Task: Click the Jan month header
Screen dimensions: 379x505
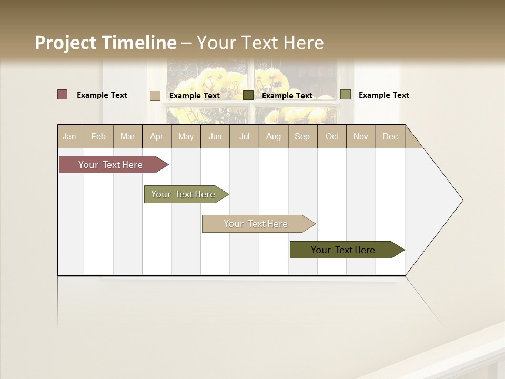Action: click(x=69, y=137)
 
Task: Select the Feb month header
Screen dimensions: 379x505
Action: click(x=98, y=137)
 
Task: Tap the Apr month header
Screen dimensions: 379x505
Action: click(x=156, y=137)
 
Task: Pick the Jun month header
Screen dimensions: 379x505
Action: click(x=215, y=137)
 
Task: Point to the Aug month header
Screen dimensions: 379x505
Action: click(x=273, y=137)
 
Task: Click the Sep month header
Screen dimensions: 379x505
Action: click(x=302, y=137)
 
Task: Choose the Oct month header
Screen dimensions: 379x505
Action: click(x=332, y=137)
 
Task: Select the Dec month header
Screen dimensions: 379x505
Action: click(x=390, y=137)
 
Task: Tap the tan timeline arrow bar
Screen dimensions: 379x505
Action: click(x=256, y=224)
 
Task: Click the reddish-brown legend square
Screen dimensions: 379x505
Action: click(x=62, y=95)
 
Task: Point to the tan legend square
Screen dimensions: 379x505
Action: click(x=155, y=95)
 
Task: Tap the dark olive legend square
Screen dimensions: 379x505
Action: click(x=248, y=95)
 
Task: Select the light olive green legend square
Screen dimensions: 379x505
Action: click(x=345, y=95)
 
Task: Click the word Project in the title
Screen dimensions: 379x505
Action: click(x=66, y=43)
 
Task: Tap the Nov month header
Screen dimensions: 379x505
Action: click(x=361, y=137)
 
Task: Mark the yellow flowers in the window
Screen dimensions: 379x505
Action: click(x=210, y=84)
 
